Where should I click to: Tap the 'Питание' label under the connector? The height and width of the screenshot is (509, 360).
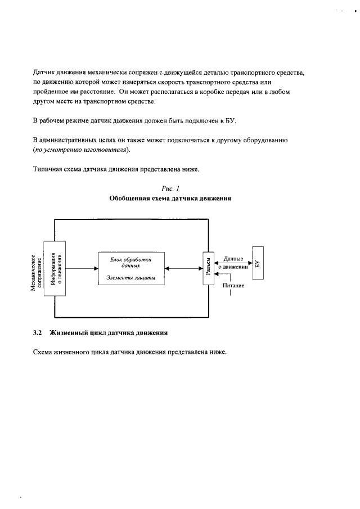(232, 286)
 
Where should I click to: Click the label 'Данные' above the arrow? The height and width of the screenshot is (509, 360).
(233, 259)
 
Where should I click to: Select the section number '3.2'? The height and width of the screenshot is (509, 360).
(38, 332)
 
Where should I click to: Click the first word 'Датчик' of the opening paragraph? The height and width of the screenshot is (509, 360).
(44, 73)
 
